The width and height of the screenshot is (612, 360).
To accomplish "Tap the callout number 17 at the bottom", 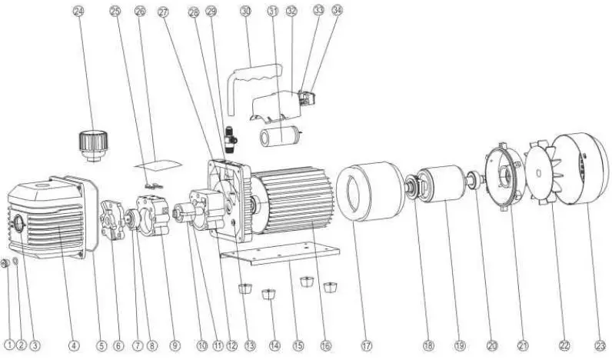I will [366, 345].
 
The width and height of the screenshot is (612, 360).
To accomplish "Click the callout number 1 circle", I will [8, 345].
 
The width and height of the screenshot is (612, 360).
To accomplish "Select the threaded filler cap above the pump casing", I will [91, 143].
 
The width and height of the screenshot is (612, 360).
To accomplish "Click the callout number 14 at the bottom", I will [275, 345].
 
